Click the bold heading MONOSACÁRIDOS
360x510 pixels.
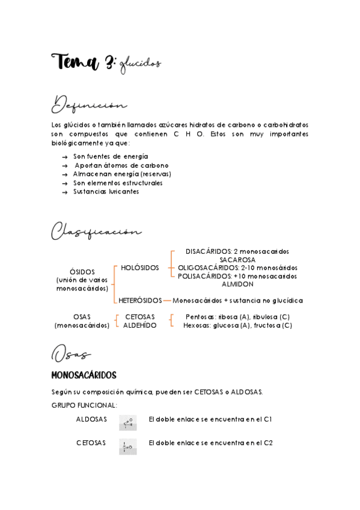84,375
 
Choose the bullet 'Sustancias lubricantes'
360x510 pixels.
106,192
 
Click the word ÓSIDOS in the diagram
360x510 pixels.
82,272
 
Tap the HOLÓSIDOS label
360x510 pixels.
139,267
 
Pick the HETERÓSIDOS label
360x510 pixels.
140,300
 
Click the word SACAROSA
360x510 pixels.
237,260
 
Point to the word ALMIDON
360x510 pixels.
237,284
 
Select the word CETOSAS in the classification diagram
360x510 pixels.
139,316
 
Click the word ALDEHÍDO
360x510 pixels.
139,325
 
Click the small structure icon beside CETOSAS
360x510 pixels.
127,446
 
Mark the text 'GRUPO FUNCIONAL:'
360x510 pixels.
85,405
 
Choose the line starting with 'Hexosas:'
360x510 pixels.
237,325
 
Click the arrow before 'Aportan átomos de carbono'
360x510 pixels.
64,165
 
